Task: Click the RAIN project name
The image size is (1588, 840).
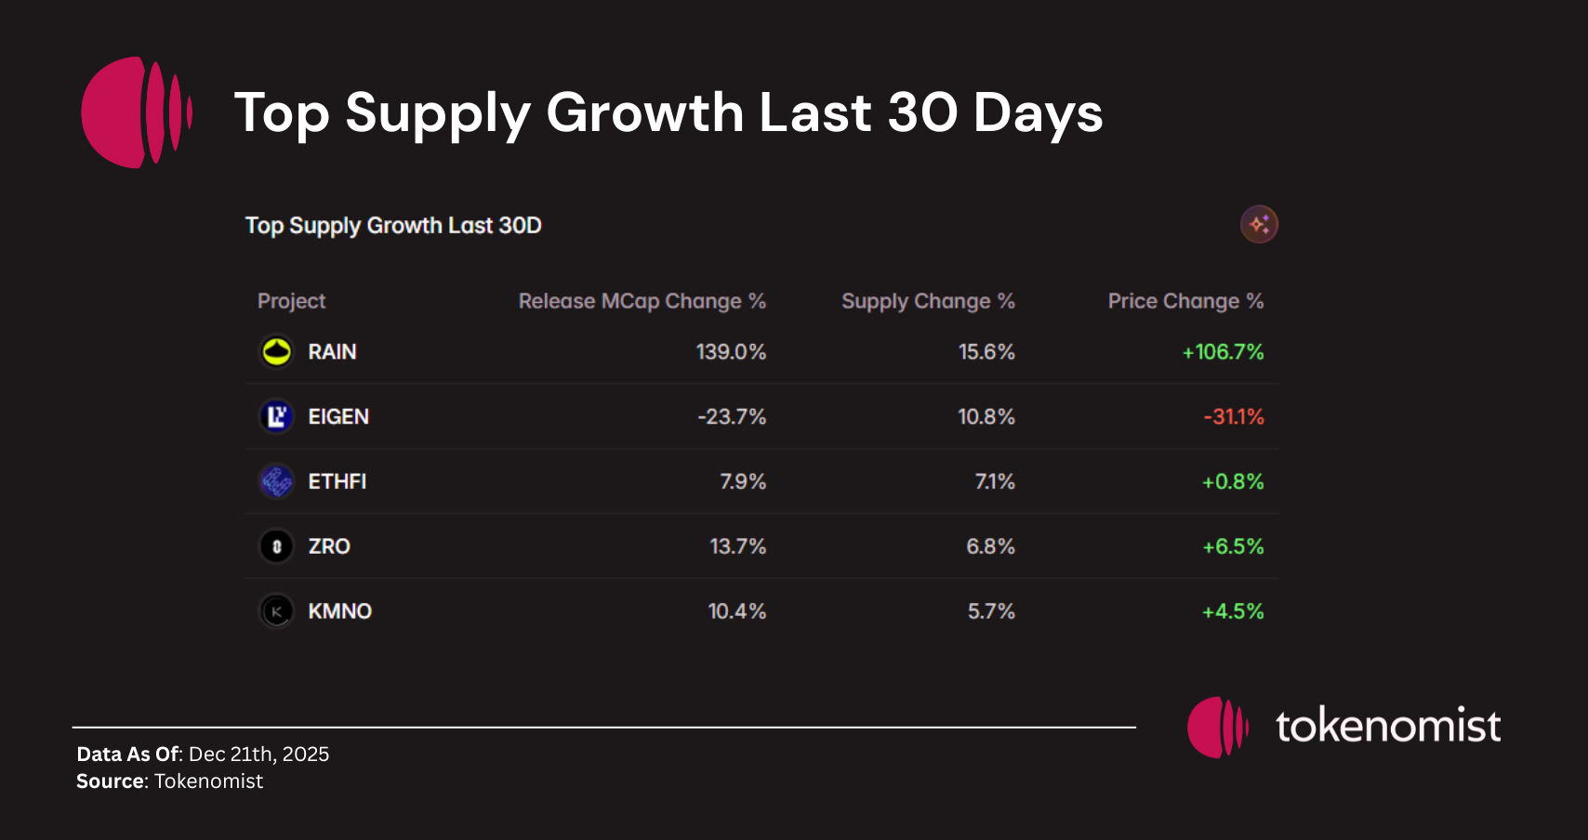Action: pos(332,352)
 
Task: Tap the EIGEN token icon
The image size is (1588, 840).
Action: pos(276,416)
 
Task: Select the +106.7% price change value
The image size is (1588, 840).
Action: pos(1223,352)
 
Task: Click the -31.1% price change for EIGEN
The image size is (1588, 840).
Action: pos(1234,416)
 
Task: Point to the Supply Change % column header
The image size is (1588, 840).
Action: pos(928,301)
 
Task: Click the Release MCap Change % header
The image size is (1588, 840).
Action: pos(642,301)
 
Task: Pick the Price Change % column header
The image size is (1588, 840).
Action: pos(1185,301)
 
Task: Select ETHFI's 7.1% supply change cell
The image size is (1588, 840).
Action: pos(994,481)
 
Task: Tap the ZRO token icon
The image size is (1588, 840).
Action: pos(276,546)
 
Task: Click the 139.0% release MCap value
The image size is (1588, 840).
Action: pos(731,352)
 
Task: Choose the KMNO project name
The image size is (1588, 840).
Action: pos(339,611)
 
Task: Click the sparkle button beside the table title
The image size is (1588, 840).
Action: pos(1259,224)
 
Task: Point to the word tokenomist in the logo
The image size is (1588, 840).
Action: pos(1387,727)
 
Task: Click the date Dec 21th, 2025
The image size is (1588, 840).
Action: pos(258,754)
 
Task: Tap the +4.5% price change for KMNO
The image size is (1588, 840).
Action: pos(1233,611)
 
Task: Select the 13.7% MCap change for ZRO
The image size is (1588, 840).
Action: pos(737,546)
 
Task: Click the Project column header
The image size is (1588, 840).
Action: pos(291,301)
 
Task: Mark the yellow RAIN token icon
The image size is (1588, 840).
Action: pos(276,351)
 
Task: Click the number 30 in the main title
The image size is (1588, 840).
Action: pos(921,112)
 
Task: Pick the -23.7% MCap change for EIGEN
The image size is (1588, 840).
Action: pos(732,416)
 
